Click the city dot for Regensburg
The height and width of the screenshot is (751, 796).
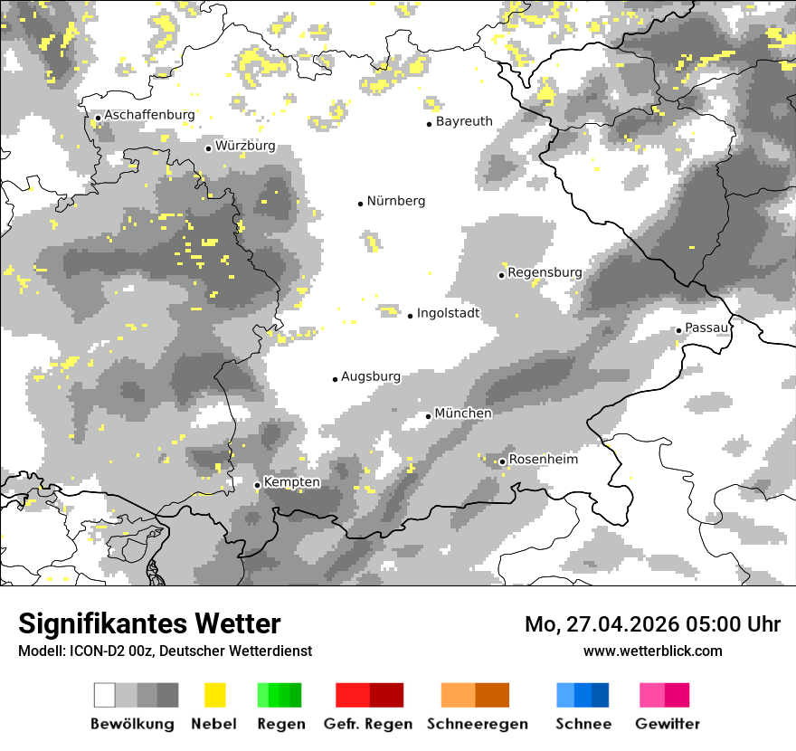pos(501,275)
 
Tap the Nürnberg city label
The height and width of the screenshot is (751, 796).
pos(395,201)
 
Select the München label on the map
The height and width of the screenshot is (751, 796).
pos(463,414)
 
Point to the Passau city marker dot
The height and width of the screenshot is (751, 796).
pos(678,330)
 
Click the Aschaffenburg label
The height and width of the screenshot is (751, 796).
pos(149,115)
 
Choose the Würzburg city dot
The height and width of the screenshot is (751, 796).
pos(208,148)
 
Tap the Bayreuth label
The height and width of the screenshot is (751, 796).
pos(464,121)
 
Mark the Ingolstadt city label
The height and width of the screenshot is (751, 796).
pos(448,313)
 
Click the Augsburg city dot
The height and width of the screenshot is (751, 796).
pos(335,379)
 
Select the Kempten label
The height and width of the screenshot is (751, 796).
pos(291,482)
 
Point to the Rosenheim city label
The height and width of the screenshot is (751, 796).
pos(543,460)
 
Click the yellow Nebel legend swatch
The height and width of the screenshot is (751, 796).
pos(214,695)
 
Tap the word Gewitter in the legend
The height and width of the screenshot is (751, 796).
pos(668,724)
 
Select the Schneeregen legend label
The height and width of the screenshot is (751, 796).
pos(477,724)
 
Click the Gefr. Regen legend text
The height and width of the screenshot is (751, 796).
pos(368,724)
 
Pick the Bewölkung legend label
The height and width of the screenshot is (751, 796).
pos(132,724)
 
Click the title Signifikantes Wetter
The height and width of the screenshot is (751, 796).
pos(149,623)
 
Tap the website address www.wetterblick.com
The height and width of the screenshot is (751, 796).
pos(652,651)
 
